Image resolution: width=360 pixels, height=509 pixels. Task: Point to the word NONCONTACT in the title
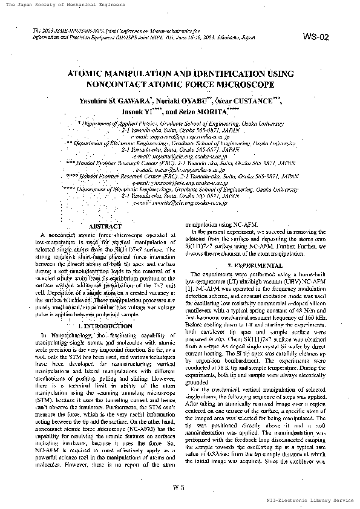[114, 85]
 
